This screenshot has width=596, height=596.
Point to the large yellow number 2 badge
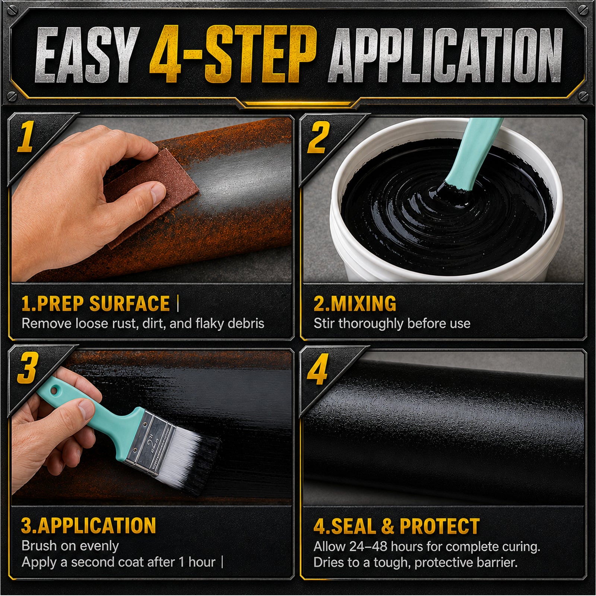click(x=318, y=137)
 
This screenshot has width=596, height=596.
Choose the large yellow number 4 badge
click(x=318, y=369)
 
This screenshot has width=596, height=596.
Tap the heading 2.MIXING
click(x=355, y=303)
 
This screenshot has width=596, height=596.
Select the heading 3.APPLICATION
click(x=89, y=525)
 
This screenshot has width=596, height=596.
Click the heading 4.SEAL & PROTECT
click(x=397, y=526)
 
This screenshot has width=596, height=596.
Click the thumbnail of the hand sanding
click(x=152, y=200)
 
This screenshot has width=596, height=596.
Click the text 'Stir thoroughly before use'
click(x=392, y=323)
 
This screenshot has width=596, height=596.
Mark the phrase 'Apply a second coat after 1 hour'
click(x=118, y=562)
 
